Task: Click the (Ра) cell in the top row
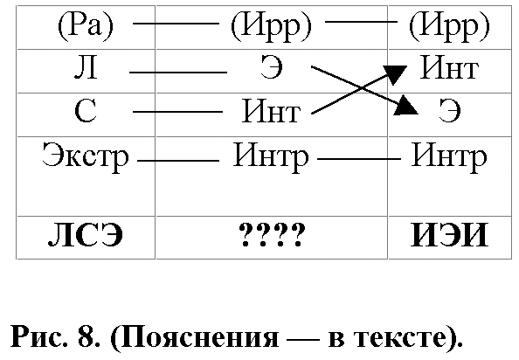(x=86, y=26)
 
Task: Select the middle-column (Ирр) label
(x=272, y=26)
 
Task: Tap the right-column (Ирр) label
(x=449, y=26)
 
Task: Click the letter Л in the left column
(x=86, y=67)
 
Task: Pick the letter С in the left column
(x=86, y=111)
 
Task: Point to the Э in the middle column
(x=272, y=67)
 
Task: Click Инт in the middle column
(x=272, y=111)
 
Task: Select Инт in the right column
(x=449, y=67)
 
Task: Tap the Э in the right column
(x=449, y=111)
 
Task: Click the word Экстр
(x=86, y=156)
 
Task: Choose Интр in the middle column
(x=271, y=156)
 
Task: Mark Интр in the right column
(x=449, y=156)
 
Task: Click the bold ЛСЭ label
(x=86, y=235)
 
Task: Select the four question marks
(x=272, y=235)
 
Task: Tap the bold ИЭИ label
(x=449, y=235)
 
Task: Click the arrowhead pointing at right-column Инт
(x=396, y=73)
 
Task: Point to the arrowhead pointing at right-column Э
(x=405, y=107)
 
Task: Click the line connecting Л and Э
(x=178, y=73)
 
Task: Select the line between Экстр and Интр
(x=178, y=161)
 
